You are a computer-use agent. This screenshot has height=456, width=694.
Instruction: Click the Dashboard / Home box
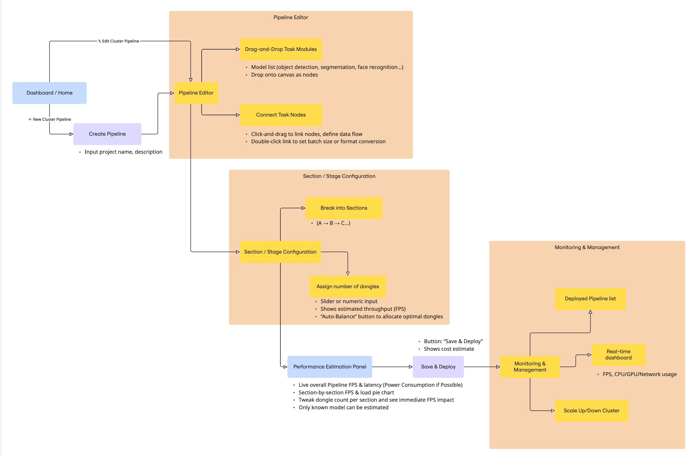point(49,93)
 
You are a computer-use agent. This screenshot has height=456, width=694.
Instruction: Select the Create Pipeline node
point(107,134)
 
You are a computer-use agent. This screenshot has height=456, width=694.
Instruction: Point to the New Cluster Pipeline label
point(50,119)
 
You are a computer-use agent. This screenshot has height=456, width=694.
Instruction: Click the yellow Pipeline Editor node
point(196,93)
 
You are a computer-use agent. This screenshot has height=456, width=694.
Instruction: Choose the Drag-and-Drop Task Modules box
point(281,49)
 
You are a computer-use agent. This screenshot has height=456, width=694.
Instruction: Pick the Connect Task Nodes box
point(281,115)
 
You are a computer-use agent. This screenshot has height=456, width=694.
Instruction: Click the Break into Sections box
point(344,208)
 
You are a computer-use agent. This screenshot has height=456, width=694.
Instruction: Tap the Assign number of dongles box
point(347,287)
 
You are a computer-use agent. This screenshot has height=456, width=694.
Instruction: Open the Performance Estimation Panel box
point(330,367)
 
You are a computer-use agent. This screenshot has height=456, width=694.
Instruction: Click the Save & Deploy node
point(438,367)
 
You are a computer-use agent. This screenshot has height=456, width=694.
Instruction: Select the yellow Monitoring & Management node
point(529,367)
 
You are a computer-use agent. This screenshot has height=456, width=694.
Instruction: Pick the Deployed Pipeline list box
point(590,299)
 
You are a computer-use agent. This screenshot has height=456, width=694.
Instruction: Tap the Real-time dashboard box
point(618,355)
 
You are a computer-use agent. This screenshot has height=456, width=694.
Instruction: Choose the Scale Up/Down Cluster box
point(591,411)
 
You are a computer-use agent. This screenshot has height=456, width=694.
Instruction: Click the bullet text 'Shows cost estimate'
point(449,349)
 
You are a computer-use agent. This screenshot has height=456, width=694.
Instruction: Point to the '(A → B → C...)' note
point(333,223)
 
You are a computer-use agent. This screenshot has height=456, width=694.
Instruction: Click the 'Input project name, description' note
point(123,152)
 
